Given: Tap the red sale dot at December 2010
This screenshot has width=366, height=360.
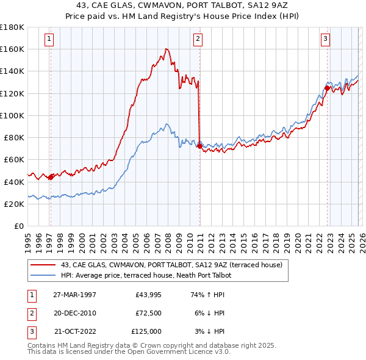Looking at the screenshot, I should pyautogui.click(x=199, y=146).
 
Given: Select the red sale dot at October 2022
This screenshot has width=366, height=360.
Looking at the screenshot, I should pyautogui.click(x=327, y=88).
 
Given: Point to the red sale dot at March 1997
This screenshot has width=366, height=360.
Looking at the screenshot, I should pyautogui.click(x=51, y=178).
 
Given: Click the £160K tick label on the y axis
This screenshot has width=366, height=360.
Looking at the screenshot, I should pyautogui.click(x=12, y=49).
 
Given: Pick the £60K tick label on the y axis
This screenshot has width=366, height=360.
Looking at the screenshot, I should pyautogui.click(x=14, y=159).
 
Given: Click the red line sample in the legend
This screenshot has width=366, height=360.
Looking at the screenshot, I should pyautogui.click(x=43, y=265).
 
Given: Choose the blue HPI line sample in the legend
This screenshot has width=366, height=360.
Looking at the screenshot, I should pyautogui.click(x=43, y=276).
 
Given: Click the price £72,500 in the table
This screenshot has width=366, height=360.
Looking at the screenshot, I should pyautogui.click(x=146, y=313).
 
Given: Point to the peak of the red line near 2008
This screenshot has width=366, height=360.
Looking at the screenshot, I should pyautogui.click(x=167, y=49).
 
